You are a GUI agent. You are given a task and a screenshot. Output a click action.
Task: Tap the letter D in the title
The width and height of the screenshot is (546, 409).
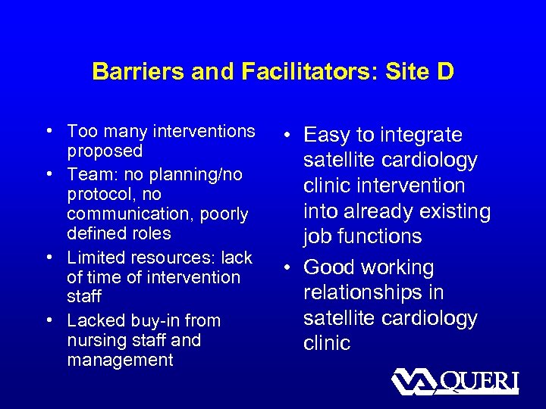[445, 72]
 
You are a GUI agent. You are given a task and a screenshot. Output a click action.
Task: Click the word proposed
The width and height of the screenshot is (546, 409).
[105, 151]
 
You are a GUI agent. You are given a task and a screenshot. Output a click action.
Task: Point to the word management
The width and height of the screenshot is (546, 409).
[120, 360]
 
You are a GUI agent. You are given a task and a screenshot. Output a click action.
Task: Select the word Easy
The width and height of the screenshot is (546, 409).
[328, 135]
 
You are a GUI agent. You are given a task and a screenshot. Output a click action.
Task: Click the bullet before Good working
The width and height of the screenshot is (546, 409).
[290, 267]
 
